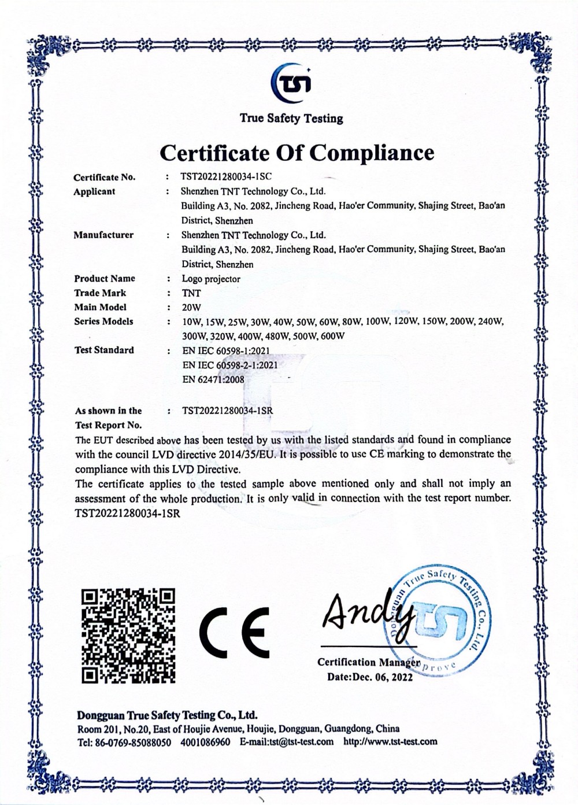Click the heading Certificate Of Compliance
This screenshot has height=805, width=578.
[296, 153]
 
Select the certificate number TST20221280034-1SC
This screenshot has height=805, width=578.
[227, 177]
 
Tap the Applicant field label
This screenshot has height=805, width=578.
[94, 191]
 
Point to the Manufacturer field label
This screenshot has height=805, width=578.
[103, 235]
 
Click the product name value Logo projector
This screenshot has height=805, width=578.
[211, 279]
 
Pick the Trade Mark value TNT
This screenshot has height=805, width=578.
[191, 293]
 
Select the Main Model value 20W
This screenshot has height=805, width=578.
[191, 308]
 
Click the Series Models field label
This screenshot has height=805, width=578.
[103, 322]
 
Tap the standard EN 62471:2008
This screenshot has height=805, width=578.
[213, 380]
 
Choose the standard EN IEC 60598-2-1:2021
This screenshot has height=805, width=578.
[230, 365]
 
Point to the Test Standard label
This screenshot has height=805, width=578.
[104, 350]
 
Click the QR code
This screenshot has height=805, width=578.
[128, 635]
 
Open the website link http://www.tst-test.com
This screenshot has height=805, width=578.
[390, 742]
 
